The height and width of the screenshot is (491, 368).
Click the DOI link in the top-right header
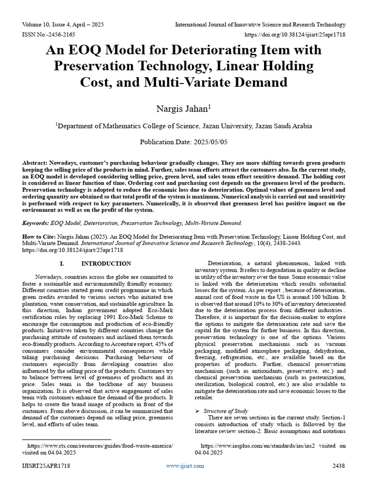tap(295, 35)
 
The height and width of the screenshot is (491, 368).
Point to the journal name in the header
tap(260, 24)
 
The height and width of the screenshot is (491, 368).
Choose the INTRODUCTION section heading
tap(106, 264)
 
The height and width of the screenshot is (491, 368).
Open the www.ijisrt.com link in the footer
tap(184, 466)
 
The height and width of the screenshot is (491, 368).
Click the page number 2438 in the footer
tap(338, 466)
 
